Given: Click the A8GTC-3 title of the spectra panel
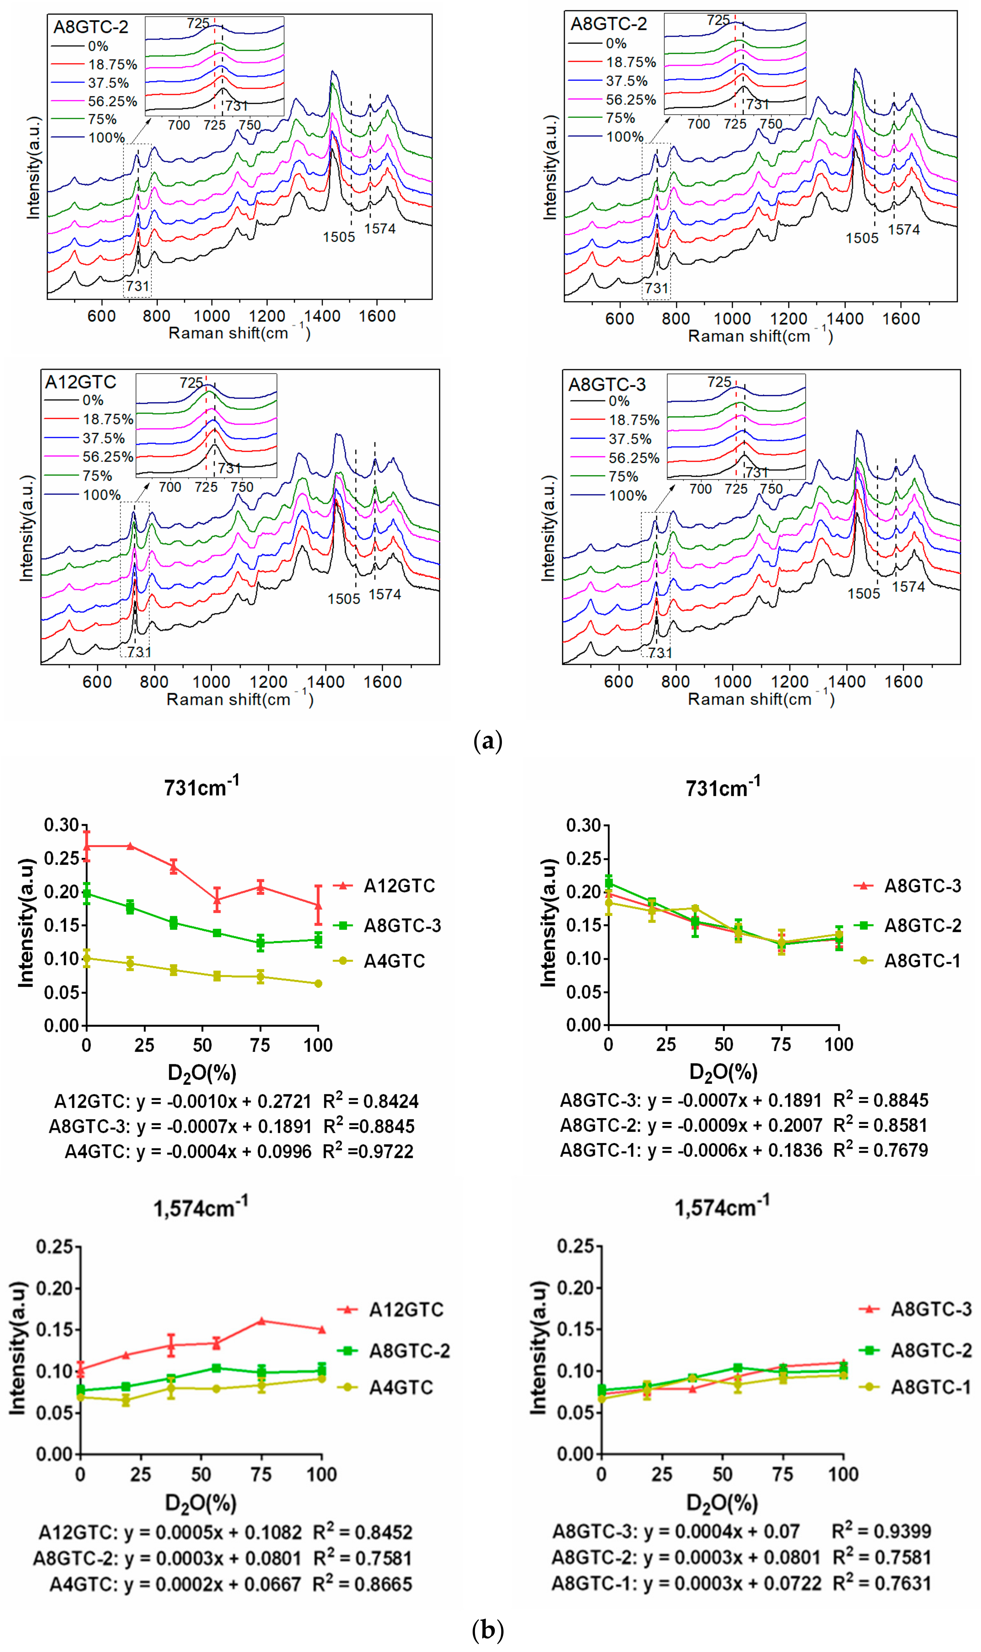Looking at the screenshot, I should [x=607, y=384].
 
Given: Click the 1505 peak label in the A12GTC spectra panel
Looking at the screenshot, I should [x=344, y=599].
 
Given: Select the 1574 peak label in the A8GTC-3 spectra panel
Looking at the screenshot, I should [x=908, y=586].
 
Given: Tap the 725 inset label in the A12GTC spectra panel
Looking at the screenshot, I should [x=191, y=383].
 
